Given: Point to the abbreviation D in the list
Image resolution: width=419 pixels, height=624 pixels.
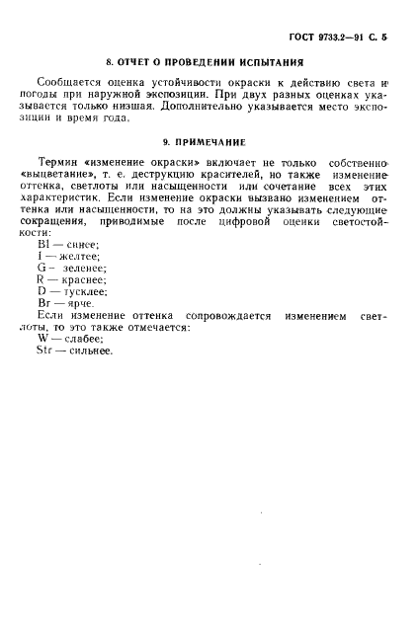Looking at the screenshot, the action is tap(41, 292).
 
